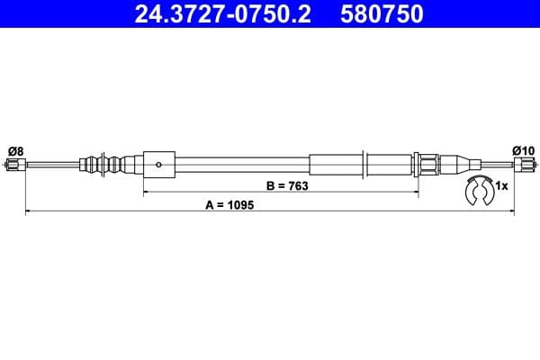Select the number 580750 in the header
click(x=382, y=14)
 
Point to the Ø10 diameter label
click(x=523, y=149)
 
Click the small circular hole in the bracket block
click(x=158, y=164)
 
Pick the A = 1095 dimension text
click(x=230, y=205)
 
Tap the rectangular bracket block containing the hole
click(x=158, y=164)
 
